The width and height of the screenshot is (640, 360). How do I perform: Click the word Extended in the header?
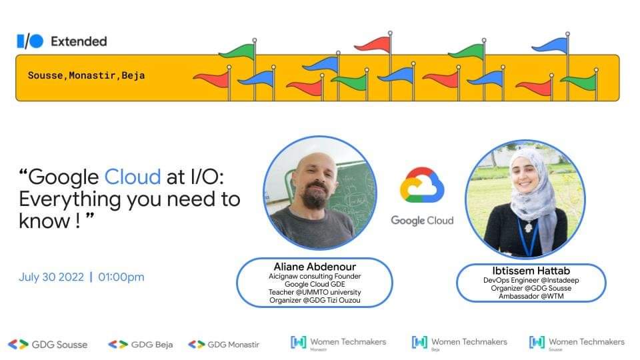[79, 41]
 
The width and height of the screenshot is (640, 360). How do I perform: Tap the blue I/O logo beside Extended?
[30, 41]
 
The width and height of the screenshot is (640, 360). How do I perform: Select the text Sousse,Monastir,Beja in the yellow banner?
[86, 75]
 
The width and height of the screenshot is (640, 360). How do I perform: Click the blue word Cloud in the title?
[133, 177]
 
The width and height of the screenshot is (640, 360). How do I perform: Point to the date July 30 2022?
[51, 277]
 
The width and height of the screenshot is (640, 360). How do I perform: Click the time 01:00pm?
[121, 277]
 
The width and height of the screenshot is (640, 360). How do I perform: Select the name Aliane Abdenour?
[315, 267]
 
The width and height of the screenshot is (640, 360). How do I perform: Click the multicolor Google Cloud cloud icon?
[422, 185]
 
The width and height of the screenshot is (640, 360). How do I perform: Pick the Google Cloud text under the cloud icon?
[422, 220]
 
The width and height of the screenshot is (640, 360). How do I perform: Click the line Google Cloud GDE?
[315, 284]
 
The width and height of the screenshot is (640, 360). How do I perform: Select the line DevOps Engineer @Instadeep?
[531, 280]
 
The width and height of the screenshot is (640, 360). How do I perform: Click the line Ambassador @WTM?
[531, 296]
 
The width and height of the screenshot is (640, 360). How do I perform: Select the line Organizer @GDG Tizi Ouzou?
[315, 300]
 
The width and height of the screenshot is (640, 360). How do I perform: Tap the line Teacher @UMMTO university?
[315, 292]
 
